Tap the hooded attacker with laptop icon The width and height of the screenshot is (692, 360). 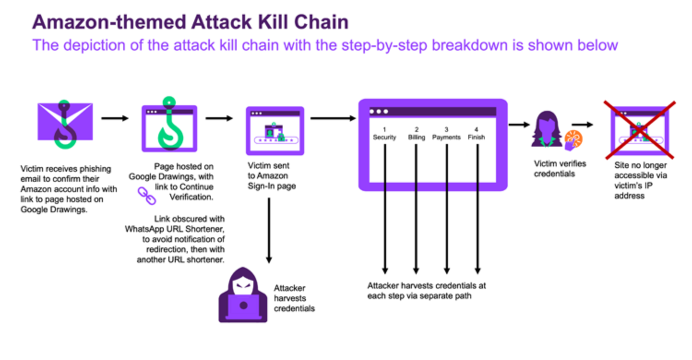click(x=243, y=295)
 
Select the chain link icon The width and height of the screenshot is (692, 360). click(x=147, y=196)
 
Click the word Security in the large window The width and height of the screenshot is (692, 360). click(x=384, y=137)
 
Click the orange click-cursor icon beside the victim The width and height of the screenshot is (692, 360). click(x=573, y=140)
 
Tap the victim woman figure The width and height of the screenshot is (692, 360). click(x=547, y=129)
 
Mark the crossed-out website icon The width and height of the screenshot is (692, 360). click(x=640, y=130)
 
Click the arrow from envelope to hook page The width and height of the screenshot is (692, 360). click(x=114, y=118)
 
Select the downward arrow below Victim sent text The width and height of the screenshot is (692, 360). click(x=269, y=230)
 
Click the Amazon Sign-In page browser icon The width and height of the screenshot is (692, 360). click(x=275, y=131)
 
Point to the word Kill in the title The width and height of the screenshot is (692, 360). click(x=273, y=22)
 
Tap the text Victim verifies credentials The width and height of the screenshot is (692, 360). click(x=560, y=169)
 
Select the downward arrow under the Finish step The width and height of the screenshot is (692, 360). click(x=477, y=209)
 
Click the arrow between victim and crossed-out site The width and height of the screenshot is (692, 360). click(x=582, y=125)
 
